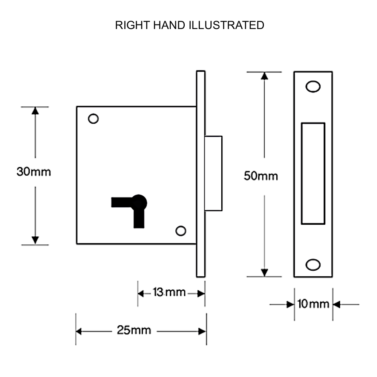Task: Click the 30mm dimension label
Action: tap(34, 172)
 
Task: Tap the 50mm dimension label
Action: tap(261, 176)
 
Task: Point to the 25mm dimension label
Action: tap(134, 331)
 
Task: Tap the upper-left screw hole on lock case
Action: tap(93, 119)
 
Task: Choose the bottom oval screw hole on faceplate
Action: tap(312, 264)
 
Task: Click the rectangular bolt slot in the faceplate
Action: tap(313, 173)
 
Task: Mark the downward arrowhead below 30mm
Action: tap(35, 240)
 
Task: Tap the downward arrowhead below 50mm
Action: tap(265, 273)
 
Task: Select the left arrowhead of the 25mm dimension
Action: tap(80, 331)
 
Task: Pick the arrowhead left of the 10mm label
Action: tap(290, 304)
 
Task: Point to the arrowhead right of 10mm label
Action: tap(337, 304)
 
